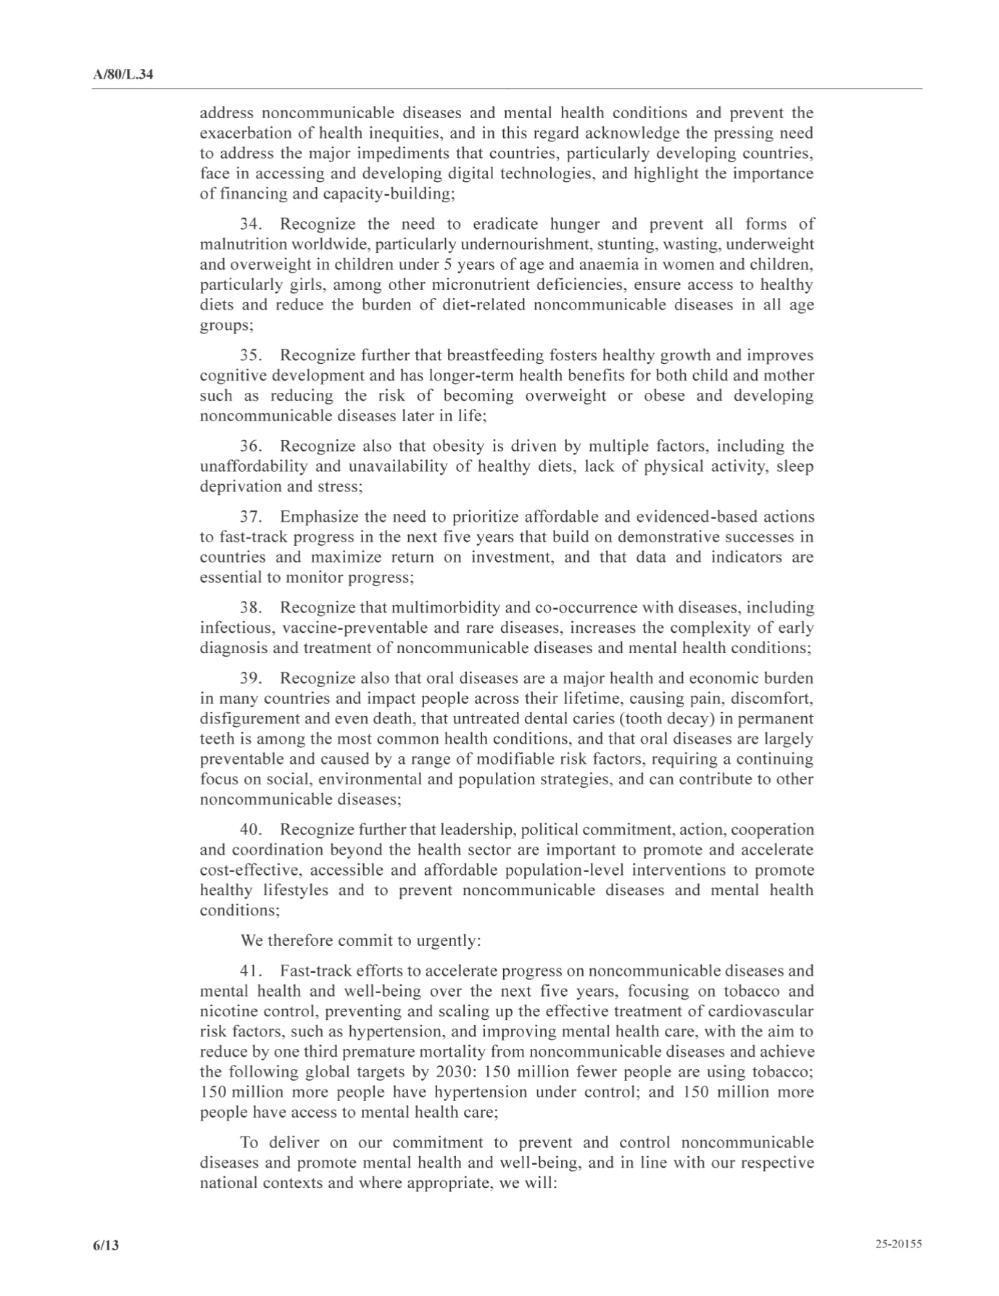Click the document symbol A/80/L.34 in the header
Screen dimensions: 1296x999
123,75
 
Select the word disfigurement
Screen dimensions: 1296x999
246,719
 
